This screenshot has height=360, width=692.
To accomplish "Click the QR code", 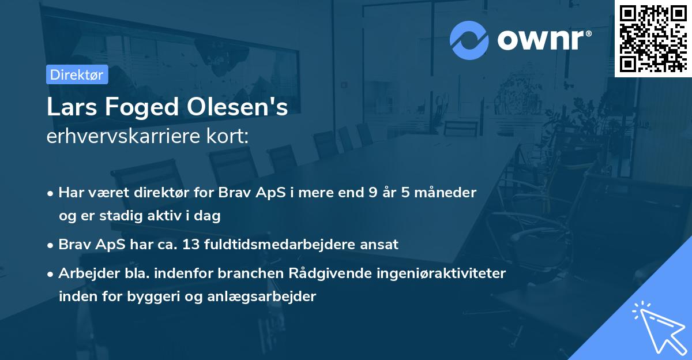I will (x=653, y=38).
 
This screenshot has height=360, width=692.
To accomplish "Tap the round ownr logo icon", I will (x=469, y=40).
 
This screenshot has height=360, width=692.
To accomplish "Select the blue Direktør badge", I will (x=77, y=74).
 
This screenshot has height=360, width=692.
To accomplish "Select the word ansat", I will (x=381, y=245).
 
